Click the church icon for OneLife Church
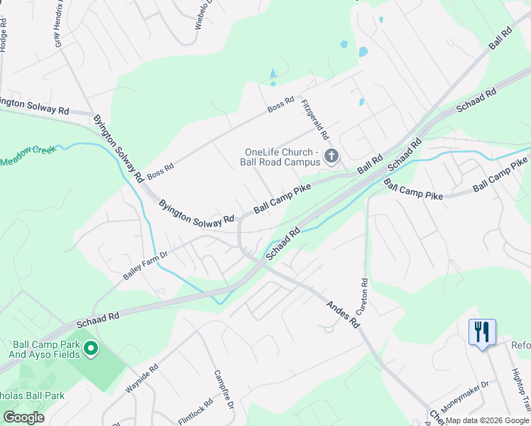[331, 155]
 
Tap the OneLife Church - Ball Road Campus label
[279, 158]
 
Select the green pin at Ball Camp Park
[90, 349]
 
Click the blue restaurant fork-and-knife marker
[481, 332]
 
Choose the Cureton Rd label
[364, 297]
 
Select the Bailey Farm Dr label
[145, 264]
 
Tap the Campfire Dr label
[224, 389]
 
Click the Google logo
[23, 417]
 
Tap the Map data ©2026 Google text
[487, 420]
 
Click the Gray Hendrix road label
[60, 23]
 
